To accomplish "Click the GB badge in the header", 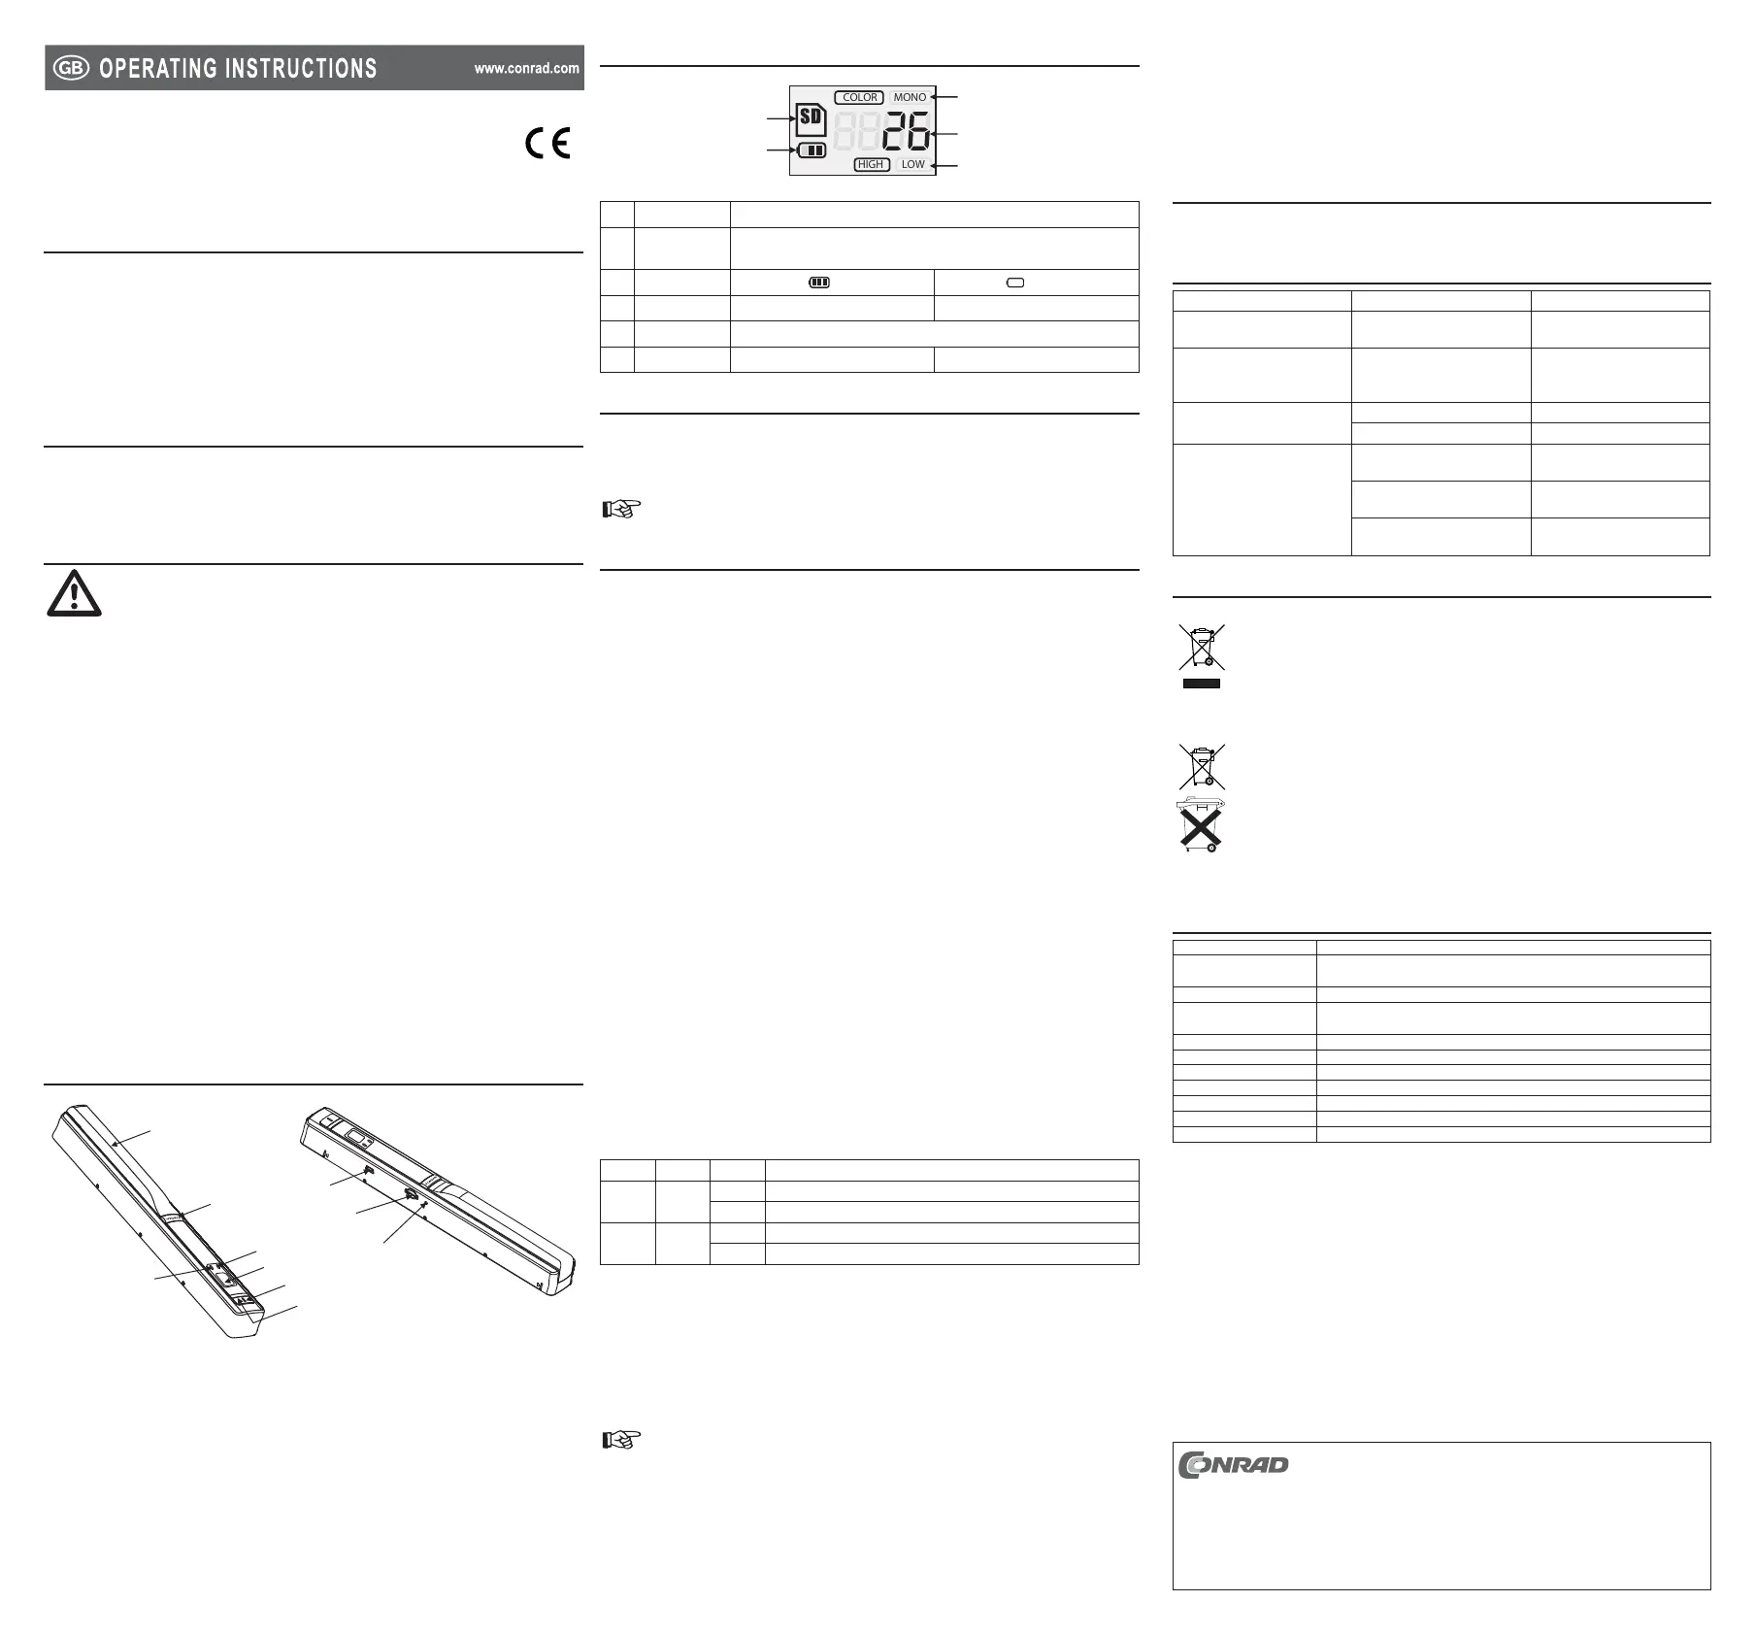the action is point(71,68).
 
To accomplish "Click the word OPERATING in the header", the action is point(158,68).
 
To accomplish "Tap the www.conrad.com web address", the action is point(526,68).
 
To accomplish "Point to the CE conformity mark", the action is point(547,144).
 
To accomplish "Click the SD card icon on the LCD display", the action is point(811,120).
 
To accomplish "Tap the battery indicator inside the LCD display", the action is point(812,150).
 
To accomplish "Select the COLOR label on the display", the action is point(859,97).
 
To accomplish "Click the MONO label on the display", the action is point(910,97).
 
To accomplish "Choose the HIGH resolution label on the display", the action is point(871,164).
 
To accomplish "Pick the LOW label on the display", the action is point(912,164).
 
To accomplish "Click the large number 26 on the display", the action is point(906,131).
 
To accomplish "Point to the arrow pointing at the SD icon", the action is point(780,118).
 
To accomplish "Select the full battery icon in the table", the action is point(819,283).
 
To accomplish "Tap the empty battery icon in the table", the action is point(1015,283).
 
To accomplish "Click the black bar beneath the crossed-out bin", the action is point(1201,684).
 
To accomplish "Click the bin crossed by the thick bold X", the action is point(1201,825).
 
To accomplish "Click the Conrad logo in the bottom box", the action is point(1233,1464).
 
